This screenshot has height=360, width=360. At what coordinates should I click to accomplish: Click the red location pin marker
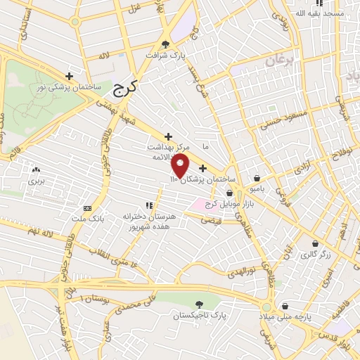(181, 166)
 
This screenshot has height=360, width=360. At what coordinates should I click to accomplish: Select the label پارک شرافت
(164, 54)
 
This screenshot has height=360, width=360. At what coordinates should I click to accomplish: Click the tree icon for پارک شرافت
(165, 43)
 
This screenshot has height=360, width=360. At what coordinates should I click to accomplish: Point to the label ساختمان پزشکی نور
(69, 87)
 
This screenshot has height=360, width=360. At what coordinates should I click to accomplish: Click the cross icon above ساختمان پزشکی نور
(69, 76)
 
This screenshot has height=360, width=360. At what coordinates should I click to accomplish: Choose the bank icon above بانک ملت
(88, 208)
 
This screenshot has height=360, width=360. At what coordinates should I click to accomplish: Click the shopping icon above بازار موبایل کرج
(230, 193)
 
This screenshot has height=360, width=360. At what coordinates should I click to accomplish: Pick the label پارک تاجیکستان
(201, 316)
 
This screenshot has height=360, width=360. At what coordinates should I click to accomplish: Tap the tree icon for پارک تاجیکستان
(200, 304)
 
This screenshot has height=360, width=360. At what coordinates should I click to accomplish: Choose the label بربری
(35, 181)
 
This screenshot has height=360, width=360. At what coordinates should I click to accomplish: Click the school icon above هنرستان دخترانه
(148, 205)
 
